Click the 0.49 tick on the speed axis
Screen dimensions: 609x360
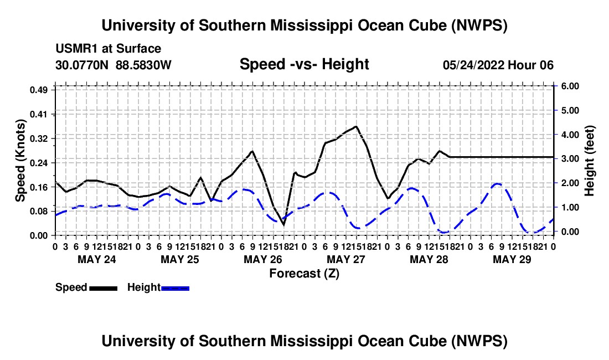38,90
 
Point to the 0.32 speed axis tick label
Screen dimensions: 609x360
38,138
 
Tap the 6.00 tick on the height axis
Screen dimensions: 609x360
570,86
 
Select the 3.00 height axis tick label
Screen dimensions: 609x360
570,159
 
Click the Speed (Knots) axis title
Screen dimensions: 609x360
20,161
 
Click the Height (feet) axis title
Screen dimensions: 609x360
590,161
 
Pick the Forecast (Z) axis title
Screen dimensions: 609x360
304,274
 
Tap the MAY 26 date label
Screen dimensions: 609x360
263,259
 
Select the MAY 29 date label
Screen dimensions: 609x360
512,259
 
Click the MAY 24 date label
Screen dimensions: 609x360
97,259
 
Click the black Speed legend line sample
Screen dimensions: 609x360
104,289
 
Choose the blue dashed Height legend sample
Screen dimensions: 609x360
175,289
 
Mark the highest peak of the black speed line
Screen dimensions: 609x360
356,126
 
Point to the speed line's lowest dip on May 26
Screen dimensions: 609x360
283,225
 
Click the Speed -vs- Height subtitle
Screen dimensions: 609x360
304,64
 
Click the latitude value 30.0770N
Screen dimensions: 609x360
82,65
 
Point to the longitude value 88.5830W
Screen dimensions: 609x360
143,65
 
